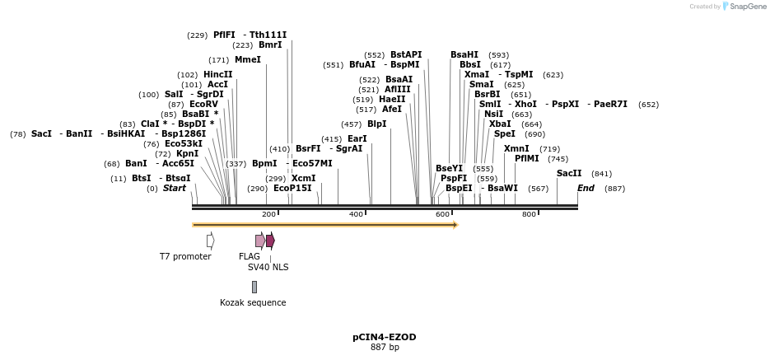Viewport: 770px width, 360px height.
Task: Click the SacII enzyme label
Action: (x=569, y=174)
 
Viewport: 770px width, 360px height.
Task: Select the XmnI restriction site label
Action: (x=516, y=149)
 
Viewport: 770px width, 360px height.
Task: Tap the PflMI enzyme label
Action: (x=527, y=158)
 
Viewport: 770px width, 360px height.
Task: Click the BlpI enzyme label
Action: (x=376, y=124)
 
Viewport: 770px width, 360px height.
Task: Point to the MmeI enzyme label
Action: (x=247, y=60)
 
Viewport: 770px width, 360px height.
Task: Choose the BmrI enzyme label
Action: (x=270, y=45)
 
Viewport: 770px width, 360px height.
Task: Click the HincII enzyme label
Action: (x=217, y=74)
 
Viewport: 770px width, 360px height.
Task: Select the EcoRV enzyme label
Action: (x=203, y=105)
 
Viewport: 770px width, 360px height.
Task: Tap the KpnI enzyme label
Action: (x=187, y=154)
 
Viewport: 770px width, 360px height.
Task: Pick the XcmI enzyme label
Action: (x=303, y=178)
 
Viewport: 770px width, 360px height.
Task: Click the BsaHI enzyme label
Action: (x=464, y=55)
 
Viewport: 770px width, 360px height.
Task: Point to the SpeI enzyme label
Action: (x=505, y=134)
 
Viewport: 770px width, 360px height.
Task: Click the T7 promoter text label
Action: (x=185, y=256)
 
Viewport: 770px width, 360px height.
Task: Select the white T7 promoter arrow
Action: (x=211, y=241)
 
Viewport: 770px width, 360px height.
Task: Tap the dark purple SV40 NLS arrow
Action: (x=270, y=241)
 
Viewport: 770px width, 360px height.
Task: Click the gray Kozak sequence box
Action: (x=254, y=287)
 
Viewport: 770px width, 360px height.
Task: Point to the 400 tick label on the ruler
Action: (x=356, y=214)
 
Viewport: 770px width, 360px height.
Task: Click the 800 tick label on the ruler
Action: (x=529, y=214)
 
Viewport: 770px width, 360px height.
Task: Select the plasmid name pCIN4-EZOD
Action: (x=385, y=338)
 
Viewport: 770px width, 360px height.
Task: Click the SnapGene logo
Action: (x=745, y=7)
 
